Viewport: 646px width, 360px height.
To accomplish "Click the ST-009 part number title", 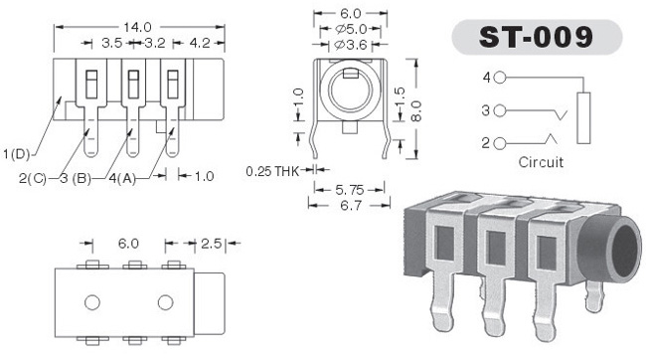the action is coord(536,37).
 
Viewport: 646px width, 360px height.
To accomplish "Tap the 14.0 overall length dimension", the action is coord(137,27).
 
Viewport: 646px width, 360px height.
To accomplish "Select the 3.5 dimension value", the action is coord(111,43).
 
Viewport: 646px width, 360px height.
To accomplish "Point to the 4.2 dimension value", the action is coord(200,43).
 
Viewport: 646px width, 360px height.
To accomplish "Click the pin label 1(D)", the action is coord(17,154).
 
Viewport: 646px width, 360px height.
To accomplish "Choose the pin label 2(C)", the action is coord(33,178).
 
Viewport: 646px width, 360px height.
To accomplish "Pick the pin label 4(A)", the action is coord(122,178).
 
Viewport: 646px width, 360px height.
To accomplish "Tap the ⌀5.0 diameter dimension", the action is coord(351,29).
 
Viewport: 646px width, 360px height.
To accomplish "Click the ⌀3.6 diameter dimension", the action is coord(350,45).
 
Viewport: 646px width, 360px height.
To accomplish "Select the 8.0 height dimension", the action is coord(417,111).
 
